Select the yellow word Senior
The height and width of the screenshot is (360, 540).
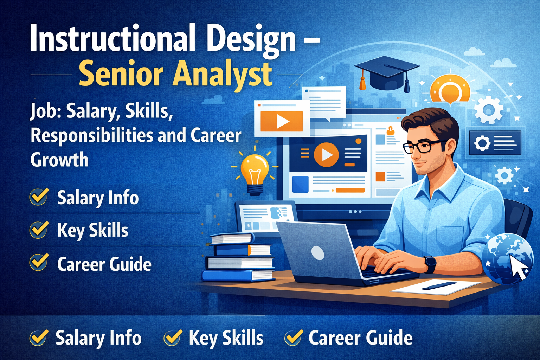[121, 74]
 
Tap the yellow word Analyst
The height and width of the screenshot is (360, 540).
[222, 74]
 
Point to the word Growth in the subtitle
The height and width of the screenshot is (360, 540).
[59, 160]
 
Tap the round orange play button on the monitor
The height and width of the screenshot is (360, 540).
[326, 154]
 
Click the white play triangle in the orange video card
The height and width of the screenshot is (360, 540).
[282, 122]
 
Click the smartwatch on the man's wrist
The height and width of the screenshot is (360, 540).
[430, 264]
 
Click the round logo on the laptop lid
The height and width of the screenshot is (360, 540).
[318, 253]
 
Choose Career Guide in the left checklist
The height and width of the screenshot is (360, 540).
[104, 264]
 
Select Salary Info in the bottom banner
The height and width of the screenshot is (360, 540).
[98, 338]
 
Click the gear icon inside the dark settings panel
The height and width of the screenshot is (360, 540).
[482, 143]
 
